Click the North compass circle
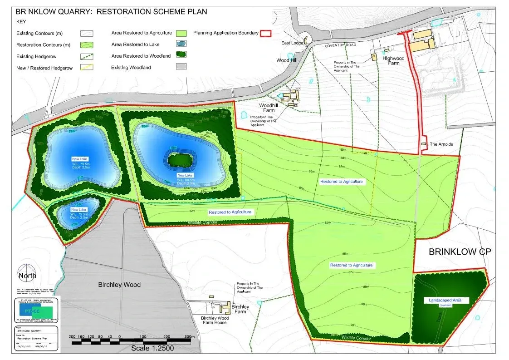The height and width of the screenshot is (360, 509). point(26,275)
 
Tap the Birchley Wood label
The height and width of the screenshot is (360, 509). point(119,285)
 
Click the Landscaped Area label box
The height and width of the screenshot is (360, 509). point(446,301)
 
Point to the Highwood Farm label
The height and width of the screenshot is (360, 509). point(393,61)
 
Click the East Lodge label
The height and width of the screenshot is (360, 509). point(292,43)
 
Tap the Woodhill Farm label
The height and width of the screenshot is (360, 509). point(268,108)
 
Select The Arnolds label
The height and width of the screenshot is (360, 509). point(441,144)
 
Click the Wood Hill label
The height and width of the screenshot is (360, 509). point(286,60)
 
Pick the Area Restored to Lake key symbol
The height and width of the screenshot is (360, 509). point(181,44)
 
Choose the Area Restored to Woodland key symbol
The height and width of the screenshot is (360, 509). point(181,56)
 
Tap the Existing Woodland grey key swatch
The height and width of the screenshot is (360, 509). point(181,67)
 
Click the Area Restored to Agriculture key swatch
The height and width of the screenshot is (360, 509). point(181,33)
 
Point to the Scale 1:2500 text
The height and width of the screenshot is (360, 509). point(152,348)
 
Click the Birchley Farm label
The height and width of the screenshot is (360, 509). point(240,309)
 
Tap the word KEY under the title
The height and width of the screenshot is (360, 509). point(21,21)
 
